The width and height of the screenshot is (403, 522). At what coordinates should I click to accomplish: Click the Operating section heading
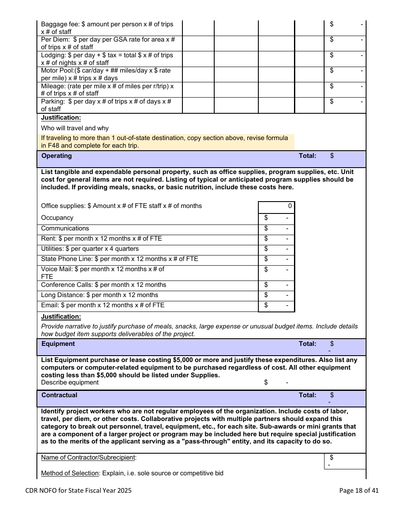tap(56, 156)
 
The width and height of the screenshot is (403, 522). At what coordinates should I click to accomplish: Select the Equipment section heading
tap(58, 344)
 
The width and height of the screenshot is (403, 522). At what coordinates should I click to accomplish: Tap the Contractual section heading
tap(59, 395)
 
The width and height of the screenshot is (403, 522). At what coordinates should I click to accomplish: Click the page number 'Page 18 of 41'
tap(359, 491)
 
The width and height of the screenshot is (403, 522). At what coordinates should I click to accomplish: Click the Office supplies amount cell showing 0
tap(276, 206)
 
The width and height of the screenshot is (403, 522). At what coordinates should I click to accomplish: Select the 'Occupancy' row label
tap(57, 218)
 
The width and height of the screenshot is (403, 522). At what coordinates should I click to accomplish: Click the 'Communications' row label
tap(65, 228)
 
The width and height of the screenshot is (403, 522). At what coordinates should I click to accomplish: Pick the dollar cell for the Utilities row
tap(276, 249)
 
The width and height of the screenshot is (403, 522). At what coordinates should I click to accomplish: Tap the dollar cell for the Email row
tap(276, 306)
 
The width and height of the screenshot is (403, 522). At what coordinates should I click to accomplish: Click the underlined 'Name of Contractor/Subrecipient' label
tap(89, 457)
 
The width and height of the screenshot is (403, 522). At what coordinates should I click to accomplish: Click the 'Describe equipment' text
tap(70, 382)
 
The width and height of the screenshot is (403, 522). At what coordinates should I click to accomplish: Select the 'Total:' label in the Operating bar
tap(308, 156)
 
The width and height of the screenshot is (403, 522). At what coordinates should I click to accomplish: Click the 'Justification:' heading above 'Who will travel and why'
tap(61, 118)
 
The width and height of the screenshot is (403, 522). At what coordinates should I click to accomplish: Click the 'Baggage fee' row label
tap(107, 28)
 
